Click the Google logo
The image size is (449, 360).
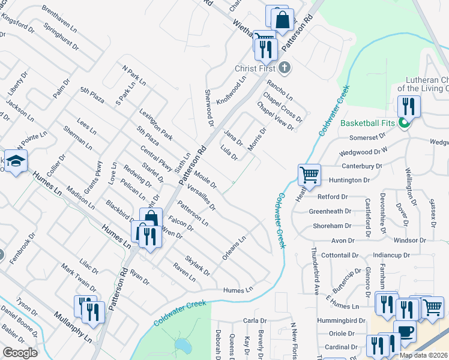click(20, 353)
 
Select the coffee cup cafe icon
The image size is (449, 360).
click(405, 332)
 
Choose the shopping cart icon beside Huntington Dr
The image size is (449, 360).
click(309, 175)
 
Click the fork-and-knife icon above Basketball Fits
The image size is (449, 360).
click(408, 106)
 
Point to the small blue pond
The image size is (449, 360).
click(182, 346)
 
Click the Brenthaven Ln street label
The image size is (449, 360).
click(60, 19)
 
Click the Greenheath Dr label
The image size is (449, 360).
click(329, 211)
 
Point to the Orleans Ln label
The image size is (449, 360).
click(234, 248)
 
